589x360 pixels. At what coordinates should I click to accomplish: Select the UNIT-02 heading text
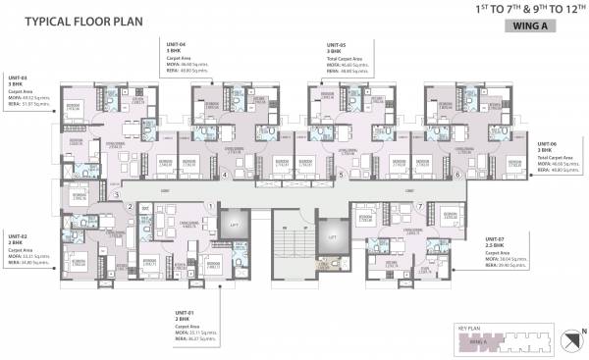click(x=18, y=236)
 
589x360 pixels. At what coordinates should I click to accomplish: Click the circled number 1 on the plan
click(x=210, y=205)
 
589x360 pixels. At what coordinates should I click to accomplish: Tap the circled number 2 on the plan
click(x=129, y=206)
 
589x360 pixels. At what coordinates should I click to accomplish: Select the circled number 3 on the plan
click(x=115, y=195)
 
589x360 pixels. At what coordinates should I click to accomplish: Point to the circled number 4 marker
click(x=225, y=176)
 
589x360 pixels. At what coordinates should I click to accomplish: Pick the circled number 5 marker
click(x=341, y=176)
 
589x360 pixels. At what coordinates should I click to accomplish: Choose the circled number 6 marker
click(x=457, y=176)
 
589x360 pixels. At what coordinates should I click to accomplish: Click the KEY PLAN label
click(x=469, y=328)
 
